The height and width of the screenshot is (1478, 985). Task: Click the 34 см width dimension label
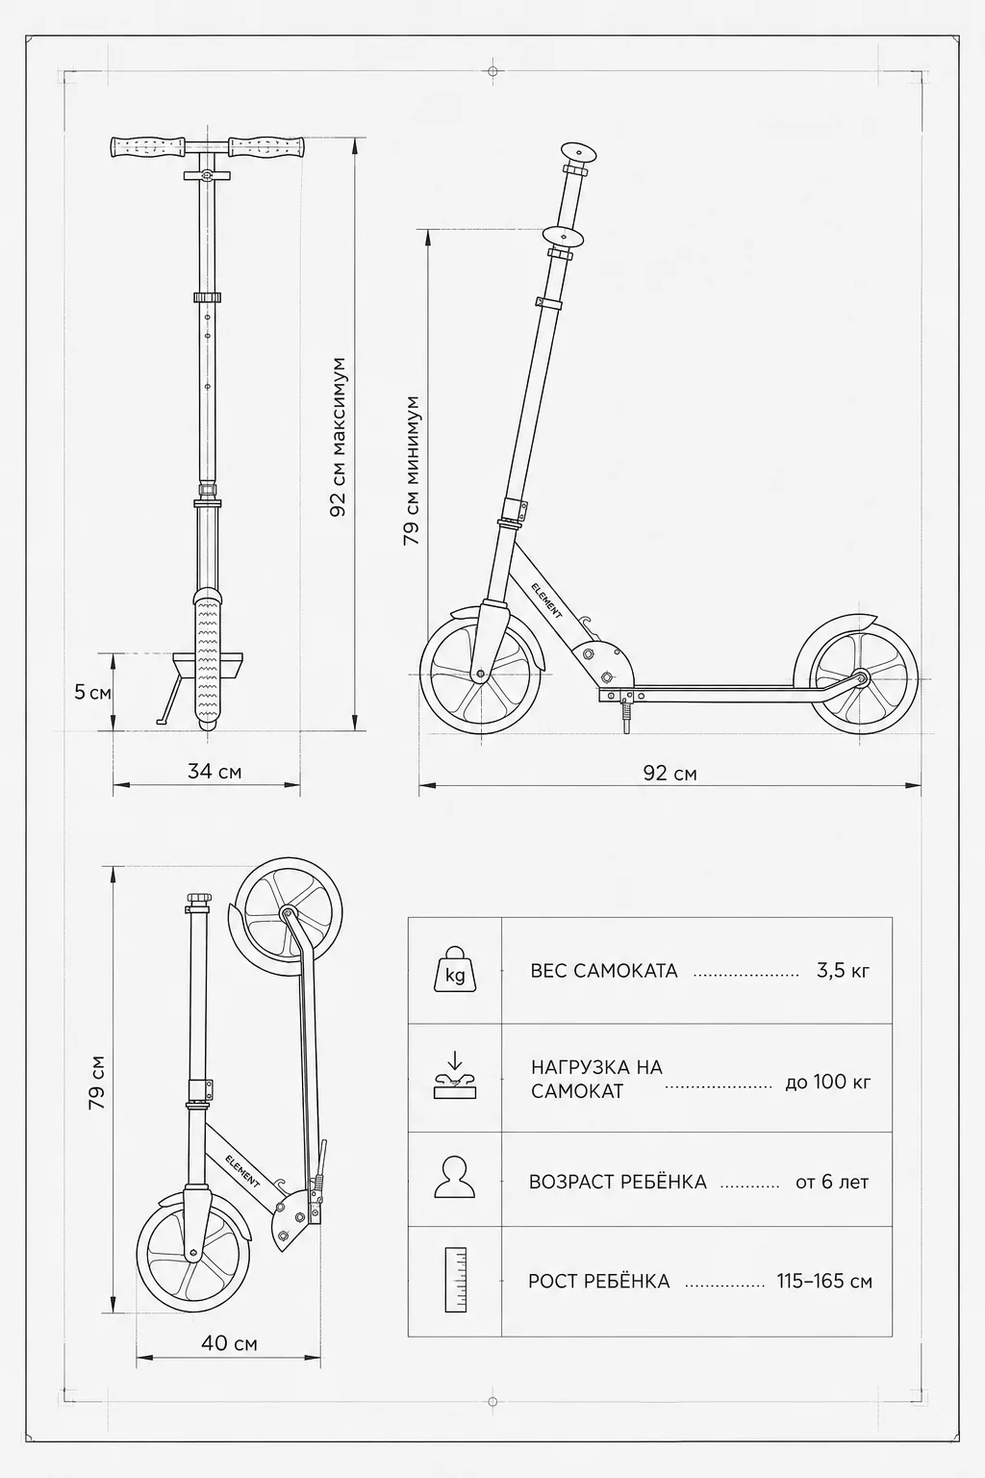click(215, 772)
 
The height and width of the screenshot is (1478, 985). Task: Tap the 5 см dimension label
click(92, 692)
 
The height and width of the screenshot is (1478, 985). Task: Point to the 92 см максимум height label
click(339, 438)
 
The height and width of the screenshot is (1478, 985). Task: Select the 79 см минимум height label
click(412, 471)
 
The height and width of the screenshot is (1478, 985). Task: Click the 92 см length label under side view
click(670, 773)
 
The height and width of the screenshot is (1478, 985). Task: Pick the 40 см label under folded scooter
click(229, 1342)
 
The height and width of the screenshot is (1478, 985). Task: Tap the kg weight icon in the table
click(455, 969)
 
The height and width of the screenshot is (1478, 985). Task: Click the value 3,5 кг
click(844, 971)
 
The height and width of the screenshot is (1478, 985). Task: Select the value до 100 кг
click(828, 1082)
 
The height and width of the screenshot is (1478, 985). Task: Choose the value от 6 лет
click(832, 1182)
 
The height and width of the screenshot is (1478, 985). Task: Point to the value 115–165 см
click(824, 1281)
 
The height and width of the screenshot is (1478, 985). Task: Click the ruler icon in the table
click(455, 1280)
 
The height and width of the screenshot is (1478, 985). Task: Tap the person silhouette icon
click(455, 1177)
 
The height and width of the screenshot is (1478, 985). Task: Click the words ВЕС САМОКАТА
click(604, 971)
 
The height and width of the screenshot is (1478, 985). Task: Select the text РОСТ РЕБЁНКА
click(599, 1282)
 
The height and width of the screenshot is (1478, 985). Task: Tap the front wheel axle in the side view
click(480, 675)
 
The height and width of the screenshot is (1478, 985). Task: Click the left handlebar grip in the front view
click(149, 147)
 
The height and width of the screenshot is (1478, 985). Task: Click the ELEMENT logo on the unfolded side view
click(547, 599)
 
